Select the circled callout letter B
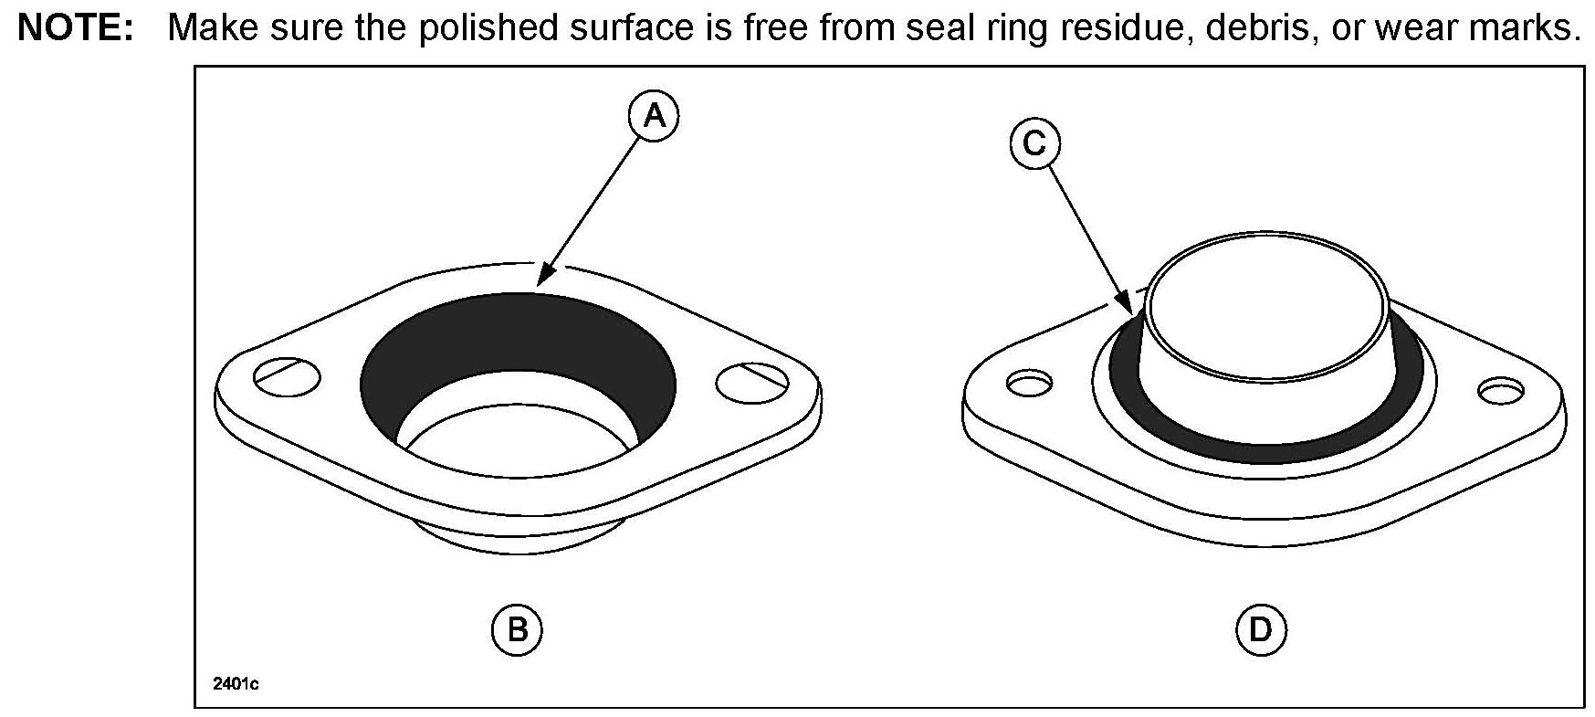coord(517,629)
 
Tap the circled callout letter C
coord(1035,145)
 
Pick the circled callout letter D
coord(1261,629)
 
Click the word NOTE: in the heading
coord(77,28)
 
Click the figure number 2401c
coord(235,684)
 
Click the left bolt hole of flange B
coord(288,376)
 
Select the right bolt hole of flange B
coord(751,382)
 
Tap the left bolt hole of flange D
coord(1029,384)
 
